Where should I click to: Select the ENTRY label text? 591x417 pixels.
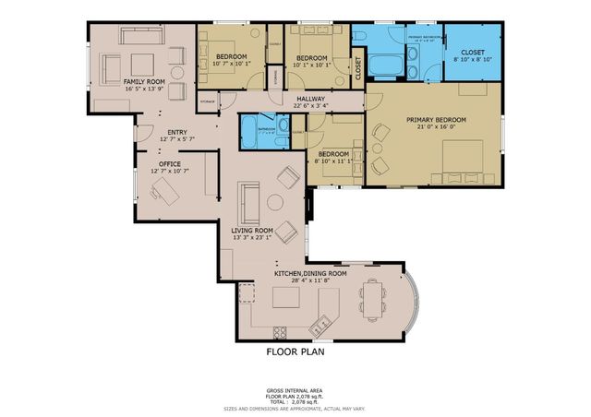point(177,132)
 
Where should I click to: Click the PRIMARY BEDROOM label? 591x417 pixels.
point(437,120)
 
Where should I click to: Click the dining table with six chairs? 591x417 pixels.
point(373,299)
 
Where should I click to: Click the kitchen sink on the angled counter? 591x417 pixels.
point(321,324)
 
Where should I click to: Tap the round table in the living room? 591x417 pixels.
point(274,202)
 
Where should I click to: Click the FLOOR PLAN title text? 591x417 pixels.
point(295,351)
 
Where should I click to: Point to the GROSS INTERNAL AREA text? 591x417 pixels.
point(295,391)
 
